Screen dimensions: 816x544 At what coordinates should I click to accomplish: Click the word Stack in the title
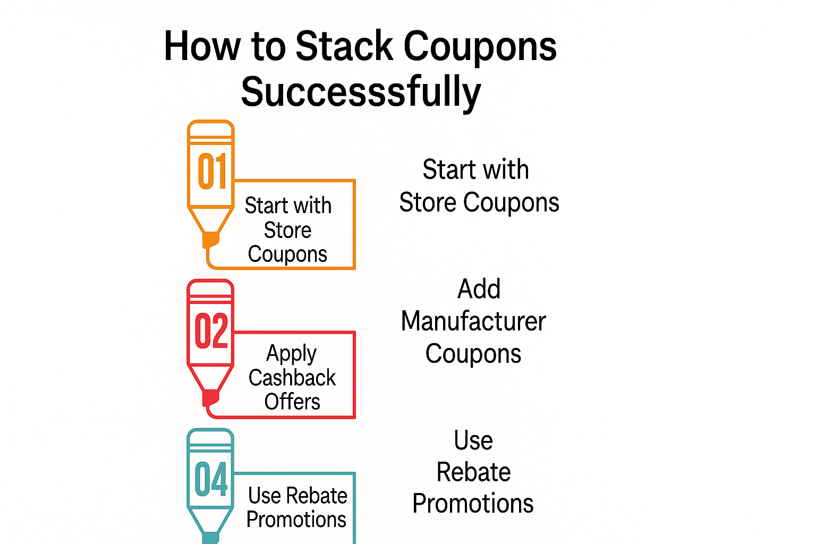344,46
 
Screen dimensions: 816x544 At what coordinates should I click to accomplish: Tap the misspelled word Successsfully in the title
361,92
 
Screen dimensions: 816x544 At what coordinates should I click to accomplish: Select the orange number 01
212,171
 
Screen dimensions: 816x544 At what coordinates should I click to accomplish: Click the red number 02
211,330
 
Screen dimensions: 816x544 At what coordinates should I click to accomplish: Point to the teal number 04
211,479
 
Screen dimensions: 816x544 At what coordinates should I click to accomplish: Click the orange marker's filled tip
210,240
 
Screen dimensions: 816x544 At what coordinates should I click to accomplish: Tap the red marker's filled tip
210,398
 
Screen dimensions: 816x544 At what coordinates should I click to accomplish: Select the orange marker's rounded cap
210,128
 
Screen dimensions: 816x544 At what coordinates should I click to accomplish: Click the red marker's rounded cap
210,287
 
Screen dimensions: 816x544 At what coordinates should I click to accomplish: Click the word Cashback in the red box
292,378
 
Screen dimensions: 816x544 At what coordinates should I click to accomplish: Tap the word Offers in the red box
292,402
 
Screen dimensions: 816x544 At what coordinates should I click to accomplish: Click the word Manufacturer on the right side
473,321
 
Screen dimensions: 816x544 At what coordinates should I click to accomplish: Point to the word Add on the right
479,289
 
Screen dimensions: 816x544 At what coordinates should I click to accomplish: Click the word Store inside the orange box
287,230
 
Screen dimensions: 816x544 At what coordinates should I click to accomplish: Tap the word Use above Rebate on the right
473,440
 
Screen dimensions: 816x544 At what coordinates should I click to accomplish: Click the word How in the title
202,46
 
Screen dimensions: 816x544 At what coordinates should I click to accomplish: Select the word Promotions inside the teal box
296,519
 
